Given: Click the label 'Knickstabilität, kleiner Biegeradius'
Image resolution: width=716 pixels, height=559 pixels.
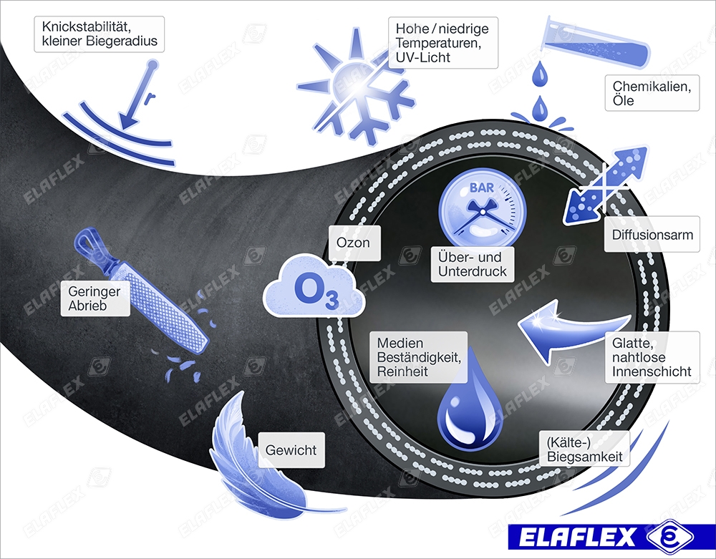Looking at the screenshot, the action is (x=99, y=34).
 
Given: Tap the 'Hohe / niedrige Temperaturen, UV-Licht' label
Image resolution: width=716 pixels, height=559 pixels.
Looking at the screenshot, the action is (x=443, y=43).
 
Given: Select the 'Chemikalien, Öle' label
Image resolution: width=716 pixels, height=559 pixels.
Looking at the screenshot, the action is (x=652, y=93).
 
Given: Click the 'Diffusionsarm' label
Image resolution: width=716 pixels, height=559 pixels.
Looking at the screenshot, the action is (x=652, y=234).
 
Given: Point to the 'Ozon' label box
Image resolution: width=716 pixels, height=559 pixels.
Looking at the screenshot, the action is (x=354, y=243).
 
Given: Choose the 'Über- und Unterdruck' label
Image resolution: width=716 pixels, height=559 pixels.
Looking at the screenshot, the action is (x=472, y=264).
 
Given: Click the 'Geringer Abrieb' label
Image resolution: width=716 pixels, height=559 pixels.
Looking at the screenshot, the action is (x=95, y=298).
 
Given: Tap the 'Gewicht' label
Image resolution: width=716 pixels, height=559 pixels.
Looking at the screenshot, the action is (x=291, y=450).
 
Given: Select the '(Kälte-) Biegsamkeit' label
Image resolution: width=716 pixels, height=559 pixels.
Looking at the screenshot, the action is (x=584, y=449).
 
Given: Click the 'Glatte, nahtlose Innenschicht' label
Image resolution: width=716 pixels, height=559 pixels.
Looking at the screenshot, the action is (x=652, y=357).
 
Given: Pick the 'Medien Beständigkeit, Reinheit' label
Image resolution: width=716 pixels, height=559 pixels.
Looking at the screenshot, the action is (x=419, y=357).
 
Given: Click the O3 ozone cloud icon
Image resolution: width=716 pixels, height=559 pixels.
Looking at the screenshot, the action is (x=314, y=286).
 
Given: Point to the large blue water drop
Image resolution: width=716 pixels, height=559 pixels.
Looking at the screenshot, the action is (x=470, y=402).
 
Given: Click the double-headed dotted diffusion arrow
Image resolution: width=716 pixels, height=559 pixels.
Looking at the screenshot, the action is (x=606, y=185).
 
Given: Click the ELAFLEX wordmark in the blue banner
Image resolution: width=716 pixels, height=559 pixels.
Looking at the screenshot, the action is (x=577, y=537).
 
